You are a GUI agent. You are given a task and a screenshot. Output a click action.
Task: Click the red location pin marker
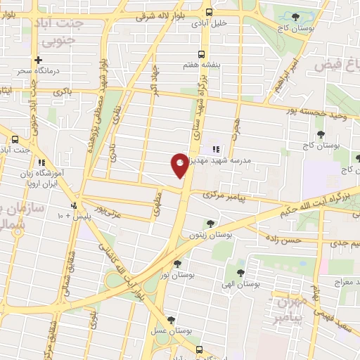point(180,165)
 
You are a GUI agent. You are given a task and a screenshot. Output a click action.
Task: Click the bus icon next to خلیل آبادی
point(208,12)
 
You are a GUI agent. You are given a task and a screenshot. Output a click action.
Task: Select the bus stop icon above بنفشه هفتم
point(202,54)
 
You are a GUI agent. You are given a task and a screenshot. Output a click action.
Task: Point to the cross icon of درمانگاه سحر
point(39,60)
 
